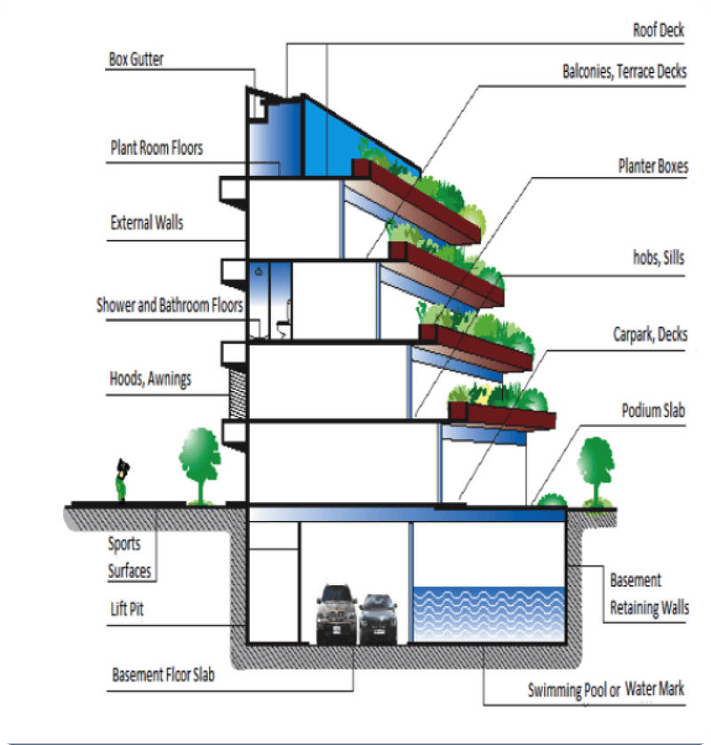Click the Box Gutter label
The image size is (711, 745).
[136, 60]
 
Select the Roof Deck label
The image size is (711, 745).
[659, 30]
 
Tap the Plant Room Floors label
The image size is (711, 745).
[156, 148]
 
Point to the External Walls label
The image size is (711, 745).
[147, 222]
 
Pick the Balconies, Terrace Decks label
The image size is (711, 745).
[624, 72]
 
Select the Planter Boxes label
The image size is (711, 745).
[653, 166]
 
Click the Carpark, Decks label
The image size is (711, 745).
[650, 335]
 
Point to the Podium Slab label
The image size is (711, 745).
[653, 411]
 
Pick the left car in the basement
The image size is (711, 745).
[337, 613]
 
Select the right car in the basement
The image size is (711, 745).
[378, 618]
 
